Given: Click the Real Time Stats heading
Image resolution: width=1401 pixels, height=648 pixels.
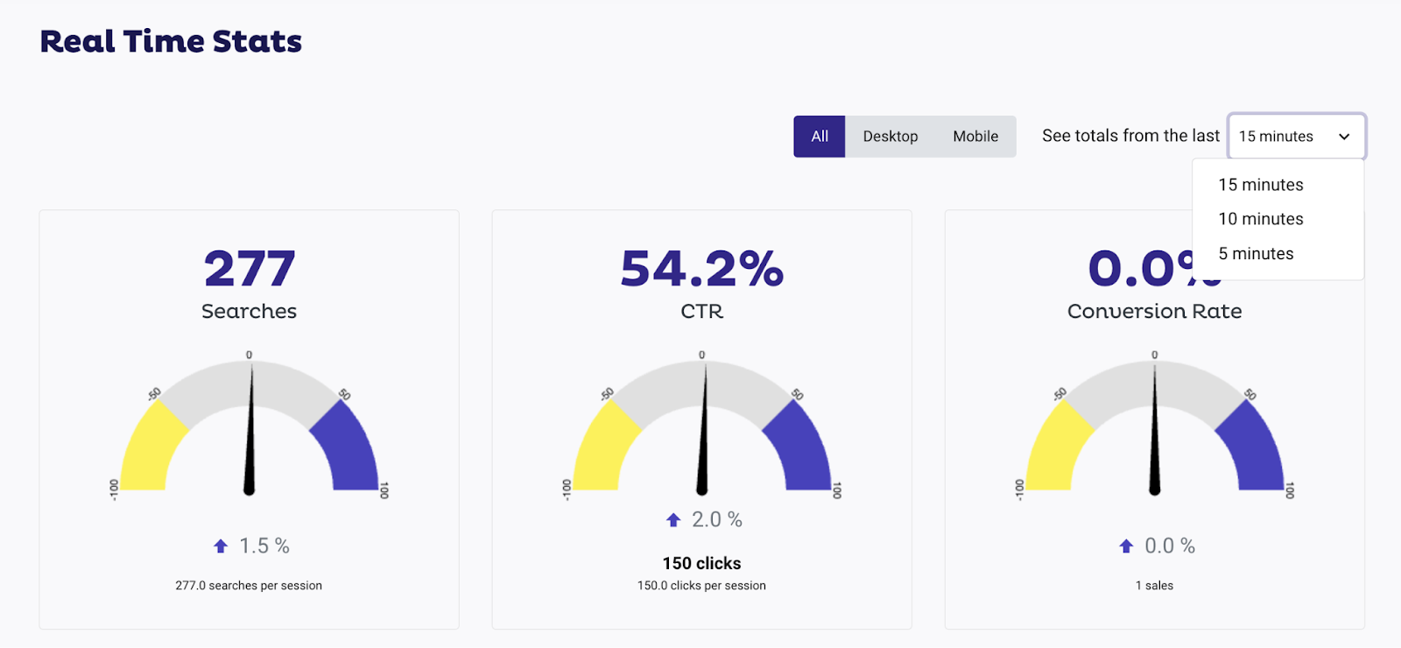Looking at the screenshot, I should coord(171,41).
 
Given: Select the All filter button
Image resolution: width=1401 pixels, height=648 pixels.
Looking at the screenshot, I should coord(820,137).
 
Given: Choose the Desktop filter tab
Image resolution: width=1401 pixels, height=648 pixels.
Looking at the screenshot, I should coord(891,137).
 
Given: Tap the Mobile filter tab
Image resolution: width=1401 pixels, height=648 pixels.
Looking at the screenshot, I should coord(975,137).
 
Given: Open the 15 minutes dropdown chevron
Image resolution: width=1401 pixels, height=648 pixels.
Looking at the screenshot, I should coord(1344,137).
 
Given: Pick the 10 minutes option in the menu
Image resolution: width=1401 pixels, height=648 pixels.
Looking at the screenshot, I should coord(1261,219).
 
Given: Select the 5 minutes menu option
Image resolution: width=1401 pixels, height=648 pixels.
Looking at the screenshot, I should coord(1256,254).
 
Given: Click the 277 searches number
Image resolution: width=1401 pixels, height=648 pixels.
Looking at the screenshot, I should coord(250,268).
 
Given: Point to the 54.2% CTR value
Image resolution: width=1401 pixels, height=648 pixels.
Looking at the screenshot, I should coord(701,268).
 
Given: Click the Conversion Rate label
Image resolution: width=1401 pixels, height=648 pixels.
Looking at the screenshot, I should coord(1154,312).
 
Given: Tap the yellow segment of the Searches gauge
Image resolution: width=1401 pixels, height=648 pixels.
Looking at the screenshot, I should coord(151,447).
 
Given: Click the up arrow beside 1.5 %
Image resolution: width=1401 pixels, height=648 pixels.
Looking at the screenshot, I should coord(221,546).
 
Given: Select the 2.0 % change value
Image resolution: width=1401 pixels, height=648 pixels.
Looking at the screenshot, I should coord(717,520).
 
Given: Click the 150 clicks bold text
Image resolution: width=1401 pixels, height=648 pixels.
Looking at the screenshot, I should coord(701,563).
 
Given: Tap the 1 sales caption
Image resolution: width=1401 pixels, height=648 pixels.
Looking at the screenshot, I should coord(1154,586).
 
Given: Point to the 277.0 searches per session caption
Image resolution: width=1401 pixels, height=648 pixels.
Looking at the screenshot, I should coord(249,586).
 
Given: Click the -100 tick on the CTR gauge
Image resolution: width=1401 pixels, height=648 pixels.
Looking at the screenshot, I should coord(567,490).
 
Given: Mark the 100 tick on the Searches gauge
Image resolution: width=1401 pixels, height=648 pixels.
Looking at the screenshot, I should coord(384,490).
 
